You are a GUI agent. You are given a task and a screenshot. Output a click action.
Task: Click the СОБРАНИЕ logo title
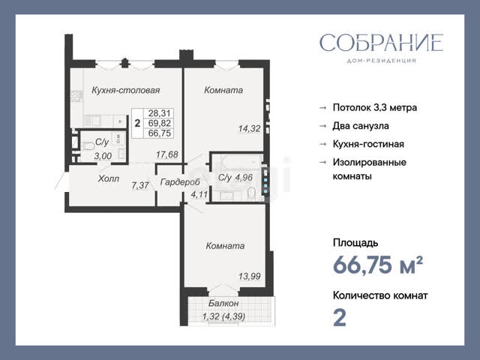381,43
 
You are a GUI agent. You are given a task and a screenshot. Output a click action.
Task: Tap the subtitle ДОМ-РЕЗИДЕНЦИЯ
381,61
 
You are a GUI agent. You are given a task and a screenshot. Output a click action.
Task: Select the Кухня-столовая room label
126,90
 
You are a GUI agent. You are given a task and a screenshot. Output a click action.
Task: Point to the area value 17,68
166,154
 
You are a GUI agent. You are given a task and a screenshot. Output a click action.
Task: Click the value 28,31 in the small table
159,113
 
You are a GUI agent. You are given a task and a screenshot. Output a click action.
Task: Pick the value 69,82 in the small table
159,123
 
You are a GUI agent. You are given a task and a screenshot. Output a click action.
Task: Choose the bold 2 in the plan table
137,123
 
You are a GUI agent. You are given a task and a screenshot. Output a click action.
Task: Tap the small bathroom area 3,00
103,156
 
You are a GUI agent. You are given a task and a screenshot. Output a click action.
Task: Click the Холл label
108,178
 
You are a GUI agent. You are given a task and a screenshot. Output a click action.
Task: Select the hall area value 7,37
140,185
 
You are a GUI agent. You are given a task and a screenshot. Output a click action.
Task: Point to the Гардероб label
180,182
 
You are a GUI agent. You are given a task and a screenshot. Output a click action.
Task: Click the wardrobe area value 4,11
199,194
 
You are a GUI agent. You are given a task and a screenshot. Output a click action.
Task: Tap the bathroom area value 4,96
244,177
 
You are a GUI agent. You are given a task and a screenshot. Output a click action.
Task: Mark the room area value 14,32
250,128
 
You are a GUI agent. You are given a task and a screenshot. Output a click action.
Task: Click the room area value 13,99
250,277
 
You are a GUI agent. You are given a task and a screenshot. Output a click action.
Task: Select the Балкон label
223,303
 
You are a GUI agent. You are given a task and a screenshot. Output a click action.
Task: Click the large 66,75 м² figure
378,265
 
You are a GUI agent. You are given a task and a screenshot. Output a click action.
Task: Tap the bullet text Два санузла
361,126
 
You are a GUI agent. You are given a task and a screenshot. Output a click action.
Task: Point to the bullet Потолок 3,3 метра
375,108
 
